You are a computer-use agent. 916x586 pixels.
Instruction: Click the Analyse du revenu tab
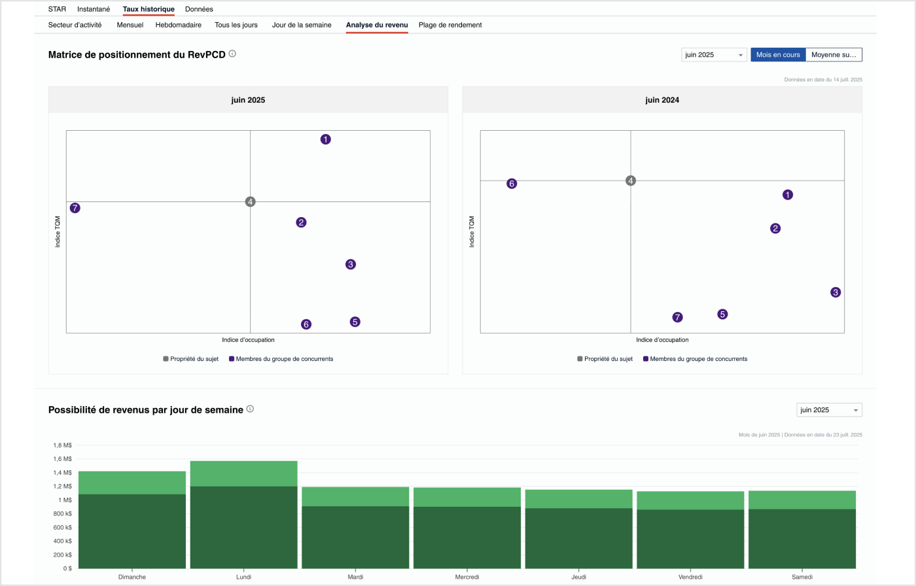[377, 25]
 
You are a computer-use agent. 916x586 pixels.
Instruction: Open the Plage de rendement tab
[450, 25]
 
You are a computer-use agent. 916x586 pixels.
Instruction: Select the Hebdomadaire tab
[178, 25]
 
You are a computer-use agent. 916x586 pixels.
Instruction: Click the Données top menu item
[199, 9]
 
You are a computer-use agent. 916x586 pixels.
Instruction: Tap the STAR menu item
[57, 9]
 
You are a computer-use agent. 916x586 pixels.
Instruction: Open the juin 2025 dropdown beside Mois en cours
[714, 55]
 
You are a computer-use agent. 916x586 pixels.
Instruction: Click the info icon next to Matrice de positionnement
[232, 54]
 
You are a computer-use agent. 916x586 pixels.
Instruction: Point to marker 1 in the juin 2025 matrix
[326, 139]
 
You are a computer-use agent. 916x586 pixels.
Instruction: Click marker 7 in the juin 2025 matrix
[75, 208]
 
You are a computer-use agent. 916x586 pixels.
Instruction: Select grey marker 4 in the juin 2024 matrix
[631, 181]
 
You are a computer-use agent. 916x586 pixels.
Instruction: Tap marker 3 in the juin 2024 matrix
[836, 292]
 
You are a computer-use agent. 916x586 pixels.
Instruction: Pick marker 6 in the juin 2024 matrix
[512, 184]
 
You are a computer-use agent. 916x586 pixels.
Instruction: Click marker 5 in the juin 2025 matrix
[355, 322]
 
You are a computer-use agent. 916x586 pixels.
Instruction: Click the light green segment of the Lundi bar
[243, 474]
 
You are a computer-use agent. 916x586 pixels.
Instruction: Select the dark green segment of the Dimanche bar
[132, 531]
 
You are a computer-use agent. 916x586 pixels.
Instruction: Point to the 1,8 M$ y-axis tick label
[62, 445]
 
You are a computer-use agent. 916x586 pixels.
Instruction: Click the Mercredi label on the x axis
[467, 577]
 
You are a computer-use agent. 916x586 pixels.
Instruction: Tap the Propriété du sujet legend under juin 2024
[605, 359]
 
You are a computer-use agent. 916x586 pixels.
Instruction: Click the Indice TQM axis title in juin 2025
[58, 232]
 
